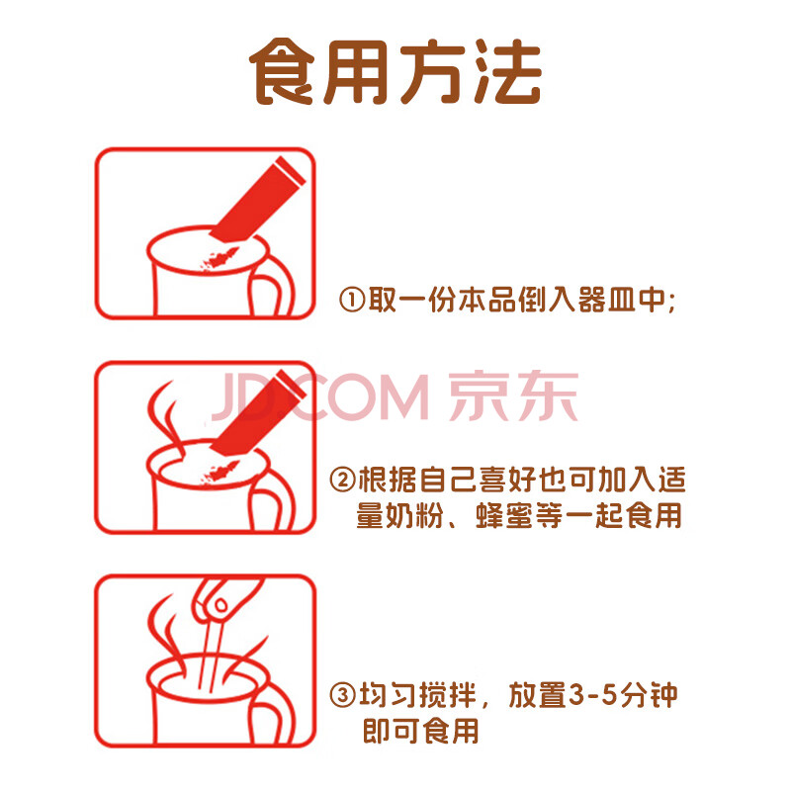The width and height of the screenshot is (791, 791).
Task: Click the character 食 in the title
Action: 282,71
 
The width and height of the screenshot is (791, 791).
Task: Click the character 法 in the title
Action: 508,71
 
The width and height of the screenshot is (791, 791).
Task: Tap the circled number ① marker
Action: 352,301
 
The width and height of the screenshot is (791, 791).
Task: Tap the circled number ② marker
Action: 342,479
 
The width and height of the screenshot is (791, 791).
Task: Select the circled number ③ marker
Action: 342,695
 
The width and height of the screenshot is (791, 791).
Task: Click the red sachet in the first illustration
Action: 257,201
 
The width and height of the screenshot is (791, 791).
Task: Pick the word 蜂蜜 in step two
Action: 504,515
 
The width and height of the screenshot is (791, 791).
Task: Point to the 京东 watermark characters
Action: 513,395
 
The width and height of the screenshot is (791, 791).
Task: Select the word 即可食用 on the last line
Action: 421,731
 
